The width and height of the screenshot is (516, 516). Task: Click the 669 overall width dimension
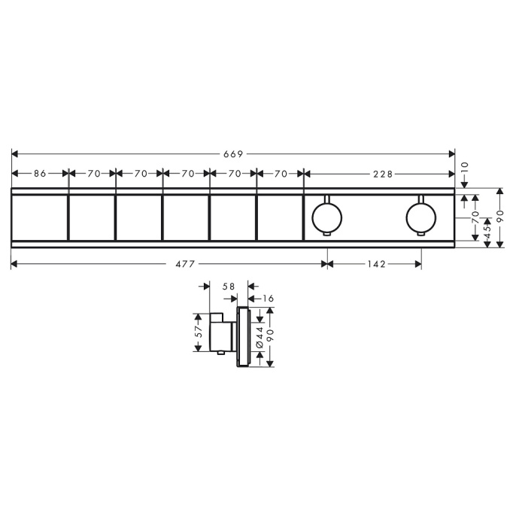[x=233, y=154]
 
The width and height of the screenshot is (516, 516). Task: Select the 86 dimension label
[x=40, y=174]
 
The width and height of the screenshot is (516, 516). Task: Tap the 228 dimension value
[x=383, y=174]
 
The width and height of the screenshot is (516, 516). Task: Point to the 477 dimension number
[x=185, y=264]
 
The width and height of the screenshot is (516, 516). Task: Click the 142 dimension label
[x=376, y=264]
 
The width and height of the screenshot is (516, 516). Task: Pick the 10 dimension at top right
[x=465, y=168]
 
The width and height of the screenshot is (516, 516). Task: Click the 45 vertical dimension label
[x=487, y=232]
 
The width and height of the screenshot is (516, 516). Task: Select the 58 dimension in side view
[x=229, y=287]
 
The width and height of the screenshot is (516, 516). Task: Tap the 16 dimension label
[x=269, y=299]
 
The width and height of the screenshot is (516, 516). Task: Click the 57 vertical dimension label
[x=199, y=332]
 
